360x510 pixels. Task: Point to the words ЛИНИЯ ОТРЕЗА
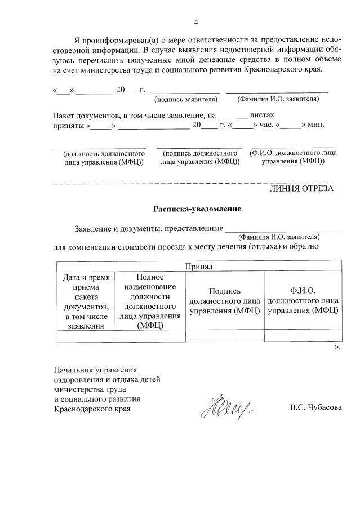(x=303, y=189)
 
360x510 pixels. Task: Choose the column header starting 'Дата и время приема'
(x=86, y=301)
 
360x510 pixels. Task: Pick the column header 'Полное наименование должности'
(x=150, y=301)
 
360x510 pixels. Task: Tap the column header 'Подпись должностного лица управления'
(x=225, y=301)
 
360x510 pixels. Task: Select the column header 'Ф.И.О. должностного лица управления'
(x=303, y=301)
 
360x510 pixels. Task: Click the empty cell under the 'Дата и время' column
(x=86, y=336)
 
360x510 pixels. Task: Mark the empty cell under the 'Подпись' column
(x=225, y=336)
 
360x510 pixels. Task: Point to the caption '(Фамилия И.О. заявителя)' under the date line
(x=278, y=99)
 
